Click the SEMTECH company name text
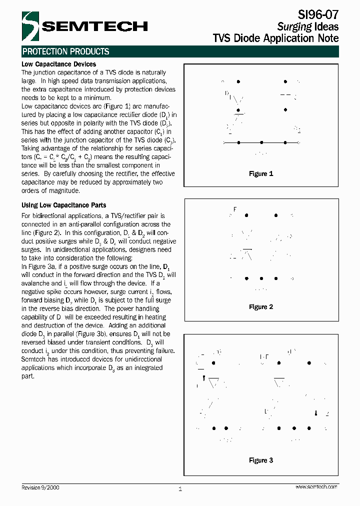tap(94, 26)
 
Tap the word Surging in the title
tap(294, 27)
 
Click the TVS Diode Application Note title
tap(275, 38)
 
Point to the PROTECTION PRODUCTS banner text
tap(65, 51)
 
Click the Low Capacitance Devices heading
tap(58, 64)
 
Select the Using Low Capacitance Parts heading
tap(63, 205)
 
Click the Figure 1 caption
tap(261, 173)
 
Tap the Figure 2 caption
tap(261, 307)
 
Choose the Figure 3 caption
tap(261, 460)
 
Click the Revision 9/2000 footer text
tap(40, 487)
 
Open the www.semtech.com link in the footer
tap(316, 486)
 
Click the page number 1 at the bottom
tap(180, 489)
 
